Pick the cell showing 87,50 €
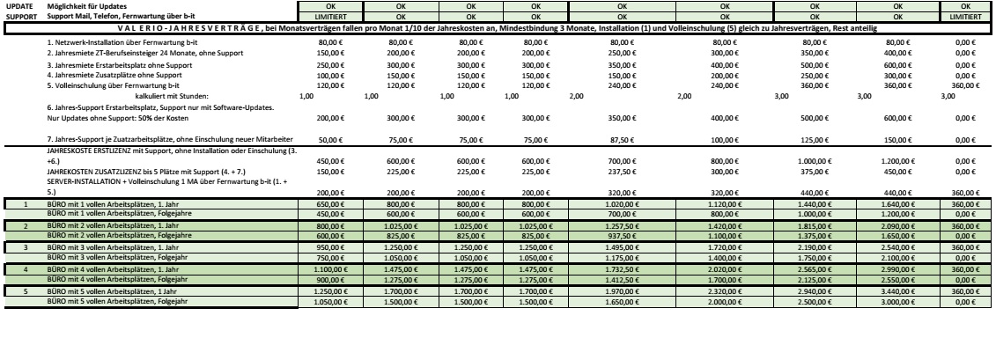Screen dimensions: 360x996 (x=622, y=140)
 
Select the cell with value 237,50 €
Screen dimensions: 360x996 (x=622, y=173)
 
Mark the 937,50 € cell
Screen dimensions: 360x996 (x=622, y=235)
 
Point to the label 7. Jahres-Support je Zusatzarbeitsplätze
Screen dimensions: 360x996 (x=167, y=140)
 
